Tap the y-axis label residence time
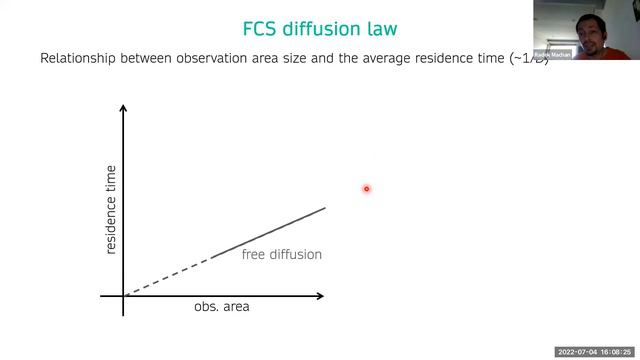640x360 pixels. point(111,209)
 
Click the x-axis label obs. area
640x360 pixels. point(221,307)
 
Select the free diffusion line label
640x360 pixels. point(281,255)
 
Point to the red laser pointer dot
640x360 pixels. point(367,188)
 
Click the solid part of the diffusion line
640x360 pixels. point(268,233)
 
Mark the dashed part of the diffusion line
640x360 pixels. point(167,276)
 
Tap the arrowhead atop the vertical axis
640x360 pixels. point(123,110)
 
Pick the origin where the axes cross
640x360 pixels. point(123,296)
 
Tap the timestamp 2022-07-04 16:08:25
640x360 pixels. point(595,352)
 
